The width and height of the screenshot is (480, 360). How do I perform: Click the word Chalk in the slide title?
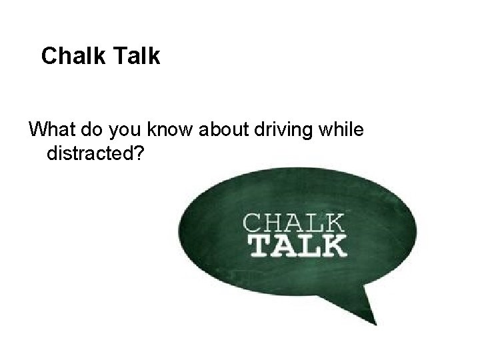[70, 56]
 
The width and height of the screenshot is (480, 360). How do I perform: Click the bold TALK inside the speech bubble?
[297, 245]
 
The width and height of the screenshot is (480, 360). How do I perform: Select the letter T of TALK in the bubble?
[258, 245]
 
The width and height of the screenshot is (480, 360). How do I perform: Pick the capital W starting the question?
[38, 129]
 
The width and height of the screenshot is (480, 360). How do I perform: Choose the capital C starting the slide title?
[48, 56]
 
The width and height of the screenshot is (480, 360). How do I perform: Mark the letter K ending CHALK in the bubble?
[335, 221]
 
